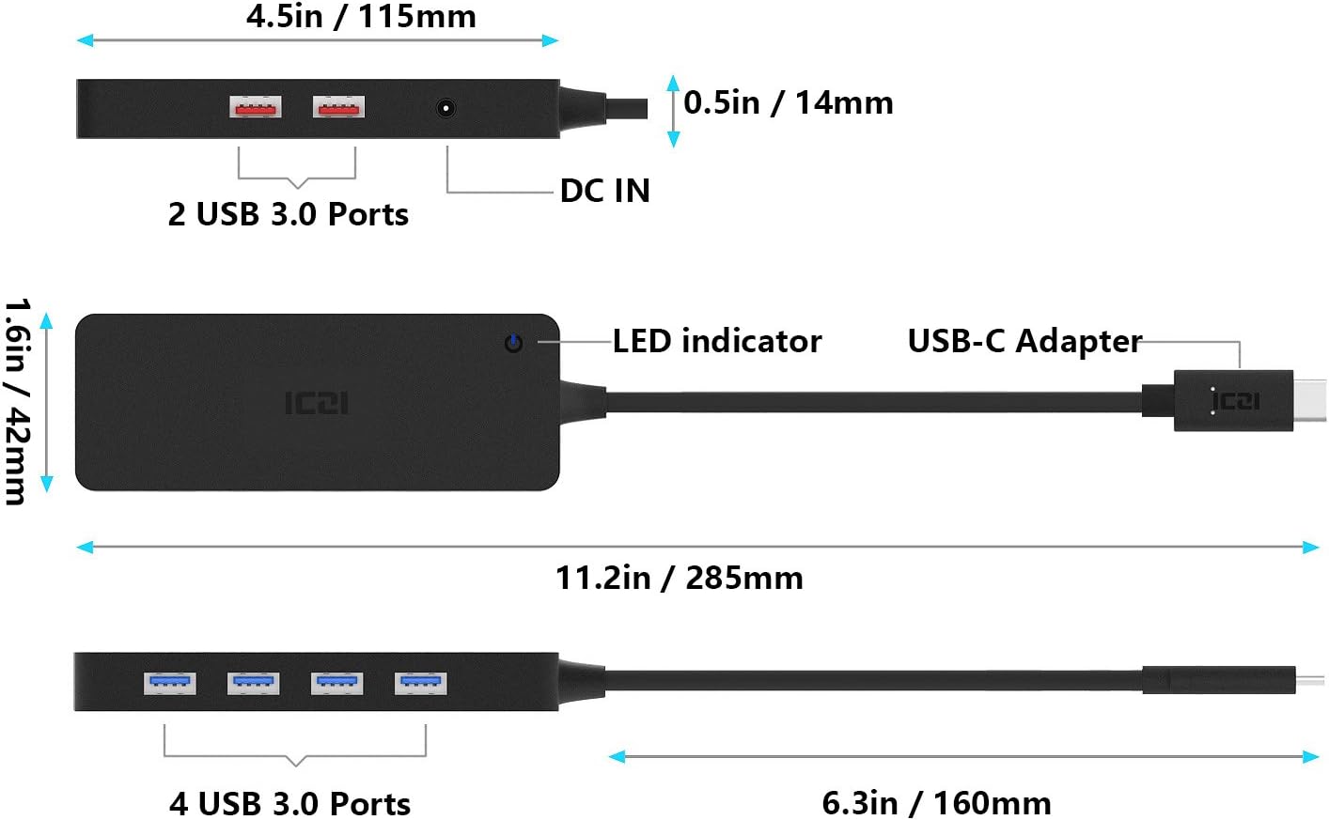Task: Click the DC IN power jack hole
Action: tap(446, 108)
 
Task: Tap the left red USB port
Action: tap(256, 108)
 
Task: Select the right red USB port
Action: tap(338, 108)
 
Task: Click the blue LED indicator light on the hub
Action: tap(513, 343)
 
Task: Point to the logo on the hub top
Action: tap(317, 403)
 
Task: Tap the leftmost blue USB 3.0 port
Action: tap(170, 683)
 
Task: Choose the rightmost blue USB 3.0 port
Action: tap(421, 683)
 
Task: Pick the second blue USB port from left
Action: tap(254, 683)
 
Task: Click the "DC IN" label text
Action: tap(604, 191)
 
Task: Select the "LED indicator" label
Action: tap(717, 341)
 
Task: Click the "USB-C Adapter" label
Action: tap(1024, 341)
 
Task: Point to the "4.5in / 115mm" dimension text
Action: tap(361, 16)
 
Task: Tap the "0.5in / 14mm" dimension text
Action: tap(788, 102)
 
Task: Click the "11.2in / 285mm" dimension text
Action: tap(679, 578)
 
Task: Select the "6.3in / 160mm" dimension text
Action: tap(936, 803)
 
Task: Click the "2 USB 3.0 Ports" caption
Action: tap(288, 214)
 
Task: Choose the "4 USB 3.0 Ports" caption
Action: tap(289, 804)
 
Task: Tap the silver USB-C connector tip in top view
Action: tap(1310, 401)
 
